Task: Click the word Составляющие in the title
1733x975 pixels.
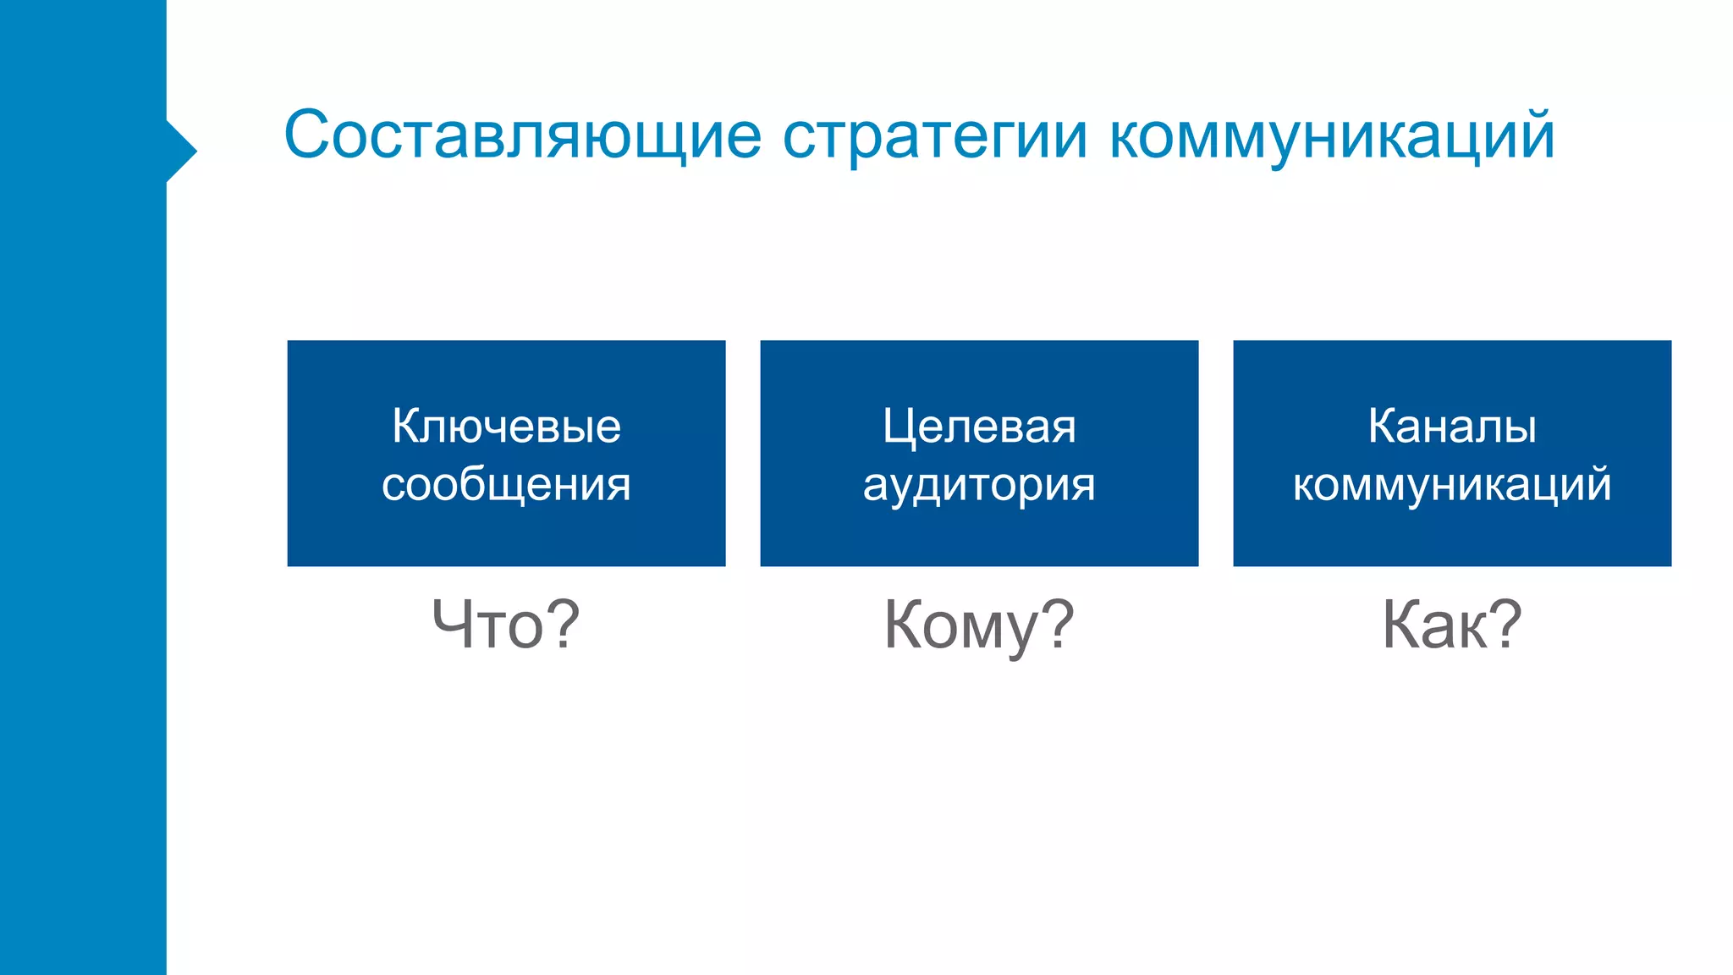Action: [522, 135]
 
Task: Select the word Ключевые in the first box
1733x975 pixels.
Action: [506, 426]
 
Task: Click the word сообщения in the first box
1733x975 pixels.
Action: [506, 484]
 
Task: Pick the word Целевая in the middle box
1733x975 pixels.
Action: [979, 426]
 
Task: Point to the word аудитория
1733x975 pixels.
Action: [979, 486]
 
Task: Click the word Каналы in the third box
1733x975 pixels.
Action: [1452, 426]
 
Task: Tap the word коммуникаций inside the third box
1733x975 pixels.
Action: [1452, 484]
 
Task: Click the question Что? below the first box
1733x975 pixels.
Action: [506, 625]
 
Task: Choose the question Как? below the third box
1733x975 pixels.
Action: [1452, 625]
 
